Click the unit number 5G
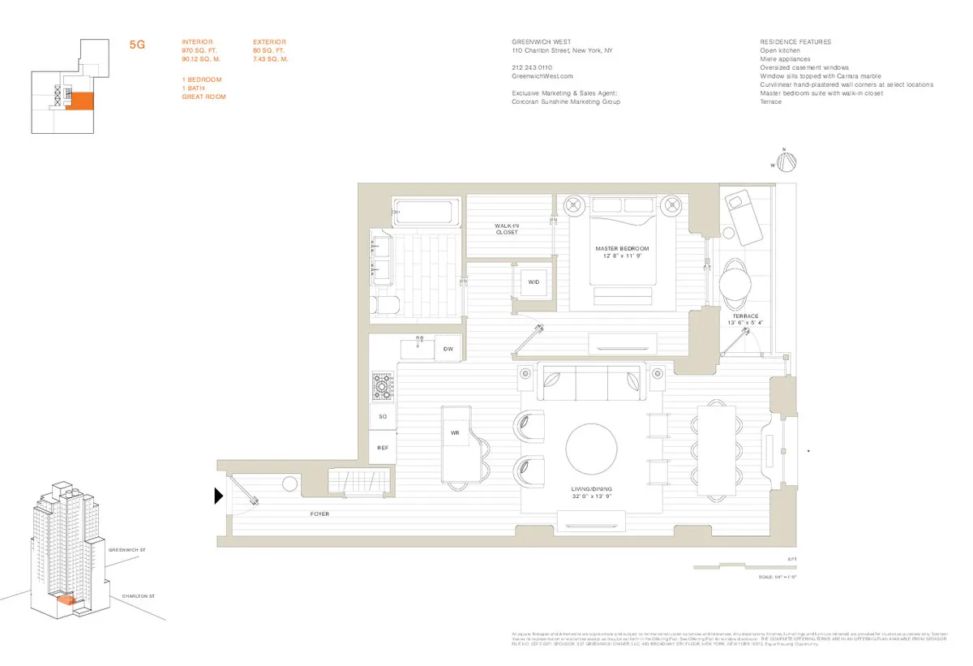[x=137, y=45]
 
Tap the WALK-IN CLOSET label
[x=507, y=229]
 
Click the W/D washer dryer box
[x=534, y=282]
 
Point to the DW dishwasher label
[x=448, y=349]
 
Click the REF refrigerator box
[x=383, y=447]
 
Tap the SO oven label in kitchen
[x=383, y=416]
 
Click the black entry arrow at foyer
[x=219, y=496]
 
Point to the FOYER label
[x=319, y=514]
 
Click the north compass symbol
[x=784, y=161]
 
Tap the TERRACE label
[x=744, y=316]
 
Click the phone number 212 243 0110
[x=532, y=67]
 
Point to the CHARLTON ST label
[x=138, y=596]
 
